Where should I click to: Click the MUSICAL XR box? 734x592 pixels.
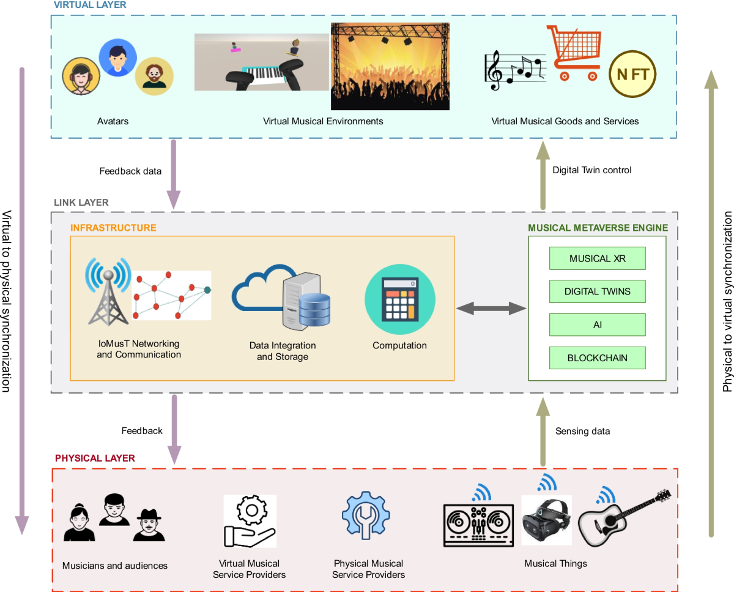597,258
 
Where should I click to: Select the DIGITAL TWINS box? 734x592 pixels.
597,291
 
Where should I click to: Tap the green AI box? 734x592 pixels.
597,324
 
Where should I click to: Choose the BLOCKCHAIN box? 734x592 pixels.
597,358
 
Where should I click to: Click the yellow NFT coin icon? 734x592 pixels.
632,75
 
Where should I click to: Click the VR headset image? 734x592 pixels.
546,521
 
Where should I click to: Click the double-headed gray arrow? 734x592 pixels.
491,309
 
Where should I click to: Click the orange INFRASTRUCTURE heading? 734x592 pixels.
113,228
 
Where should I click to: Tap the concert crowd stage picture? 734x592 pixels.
390,66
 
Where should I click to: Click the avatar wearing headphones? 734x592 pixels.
81,77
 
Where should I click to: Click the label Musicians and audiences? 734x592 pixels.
115,566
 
